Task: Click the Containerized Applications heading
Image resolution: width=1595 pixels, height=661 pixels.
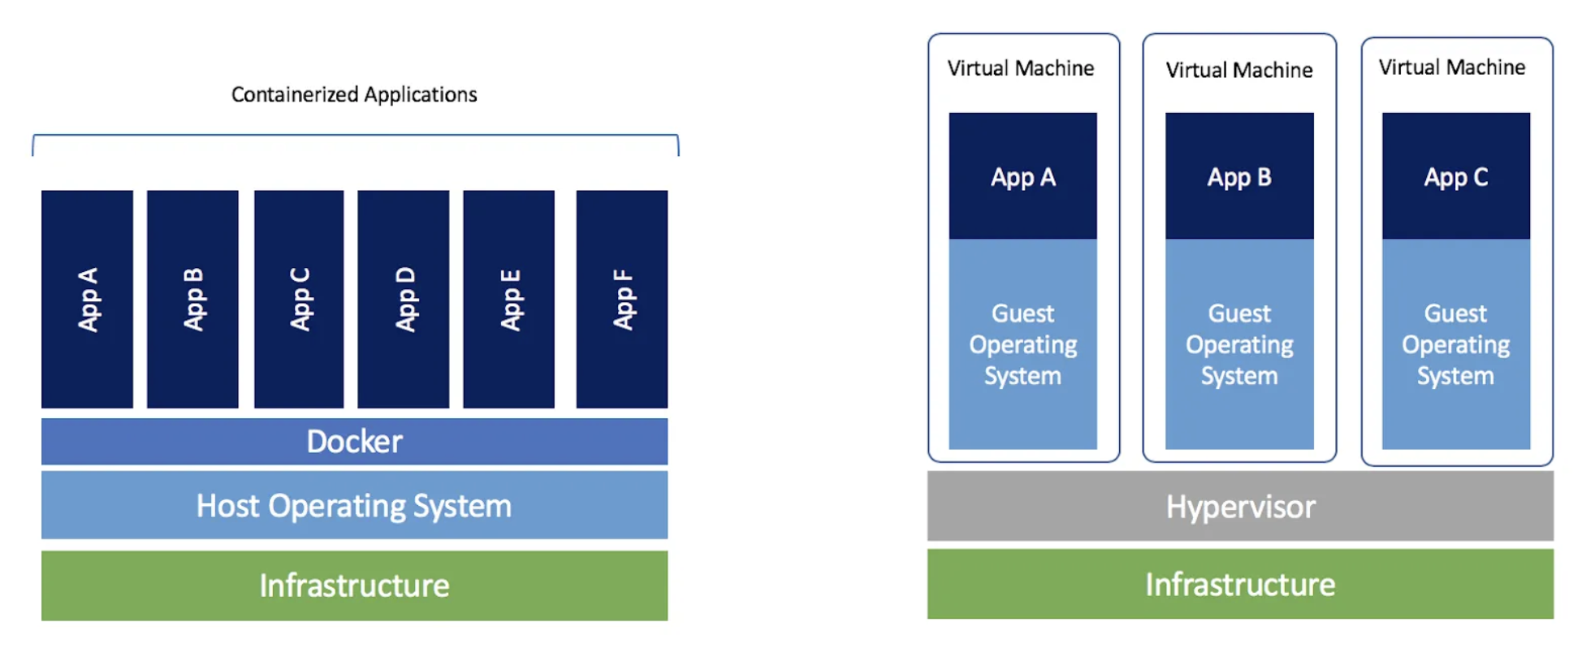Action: pyautogui.click(x=354, y=95)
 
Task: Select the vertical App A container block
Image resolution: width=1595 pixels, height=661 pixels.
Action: pyautogui.click(x=88, y=299)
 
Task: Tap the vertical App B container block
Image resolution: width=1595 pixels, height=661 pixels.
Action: pyautogui.click(x=192, y=299)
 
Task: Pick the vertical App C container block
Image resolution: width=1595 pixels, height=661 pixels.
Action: pyautogui.click(x=299, y=299)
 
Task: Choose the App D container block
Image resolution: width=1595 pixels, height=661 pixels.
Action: pyautogui.click(x=404, y=299)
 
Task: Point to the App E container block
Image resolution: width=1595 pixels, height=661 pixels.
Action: pyautogui.click(x=509, y=299)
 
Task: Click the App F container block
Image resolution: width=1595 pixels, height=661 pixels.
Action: pyautogui.click(x=622, y=299)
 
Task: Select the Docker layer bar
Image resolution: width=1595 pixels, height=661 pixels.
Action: pyautogui.click(x=354, y=441)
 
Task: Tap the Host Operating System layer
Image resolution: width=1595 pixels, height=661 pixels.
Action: pyautogui.click(x=354, y=505)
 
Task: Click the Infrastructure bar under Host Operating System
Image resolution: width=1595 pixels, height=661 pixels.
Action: pyautogui.click(x=354, y=585)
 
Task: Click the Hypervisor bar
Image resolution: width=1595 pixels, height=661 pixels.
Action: pyautogui.click(x=1240, y=506)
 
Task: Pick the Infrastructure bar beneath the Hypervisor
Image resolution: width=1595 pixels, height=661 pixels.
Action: pyautogui.click(x=1240, y=584)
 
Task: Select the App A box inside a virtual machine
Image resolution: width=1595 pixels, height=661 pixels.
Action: pyautogui.click(x=1022, y=176)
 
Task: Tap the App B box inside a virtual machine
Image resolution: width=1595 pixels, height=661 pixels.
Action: pyautogui.click(x=1239, y=176)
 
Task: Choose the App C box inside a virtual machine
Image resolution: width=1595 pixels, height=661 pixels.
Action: pyautogui.click(x=1456, y=176)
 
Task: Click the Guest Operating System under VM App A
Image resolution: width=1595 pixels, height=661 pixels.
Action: pyautogui.click(x=1022, y=344)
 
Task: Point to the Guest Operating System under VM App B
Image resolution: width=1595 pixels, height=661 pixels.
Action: pyautogui.click(x=1239, y=344)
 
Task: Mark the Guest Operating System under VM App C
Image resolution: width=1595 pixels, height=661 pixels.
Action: pyautogui.click(x=1456, y=344)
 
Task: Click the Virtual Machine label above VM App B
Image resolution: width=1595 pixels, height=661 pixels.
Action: pyautogui.click(x=1239, y=70)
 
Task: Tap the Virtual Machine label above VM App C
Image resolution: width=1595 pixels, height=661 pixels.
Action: pyautogui.click(x=1452, y=67)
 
